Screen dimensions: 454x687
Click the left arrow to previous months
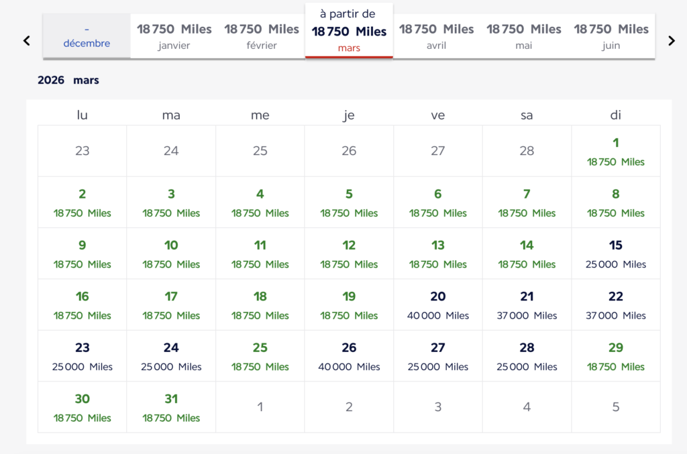point(27,41)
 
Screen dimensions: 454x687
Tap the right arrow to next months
point(671,41)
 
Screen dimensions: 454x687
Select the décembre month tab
point(87,36)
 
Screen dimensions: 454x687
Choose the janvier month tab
point(174,36)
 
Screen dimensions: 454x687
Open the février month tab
point(261,36)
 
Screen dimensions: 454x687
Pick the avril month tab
point(436,36)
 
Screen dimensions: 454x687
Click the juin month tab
point(611,36)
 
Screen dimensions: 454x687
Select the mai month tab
point(523,36)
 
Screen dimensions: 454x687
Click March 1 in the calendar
point(615,151)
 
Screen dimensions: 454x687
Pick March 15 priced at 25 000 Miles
point(615,253)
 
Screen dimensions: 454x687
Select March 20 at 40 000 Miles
point(437,304)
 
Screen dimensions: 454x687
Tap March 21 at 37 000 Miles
point(527,304)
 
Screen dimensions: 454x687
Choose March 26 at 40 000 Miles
point(349,356)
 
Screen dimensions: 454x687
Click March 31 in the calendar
point(171,407)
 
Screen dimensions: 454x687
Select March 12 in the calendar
point(349,253)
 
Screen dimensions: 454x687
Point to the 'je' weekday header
point(349,115)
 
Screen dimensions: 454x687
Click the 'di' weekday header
point(615,115)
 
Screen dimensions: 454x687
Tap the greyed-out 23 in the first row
point(83,151)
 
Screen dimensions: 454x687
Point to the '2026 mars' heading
point(68,80)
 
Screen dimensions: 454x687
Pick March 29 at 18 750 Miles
point(615,356)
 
